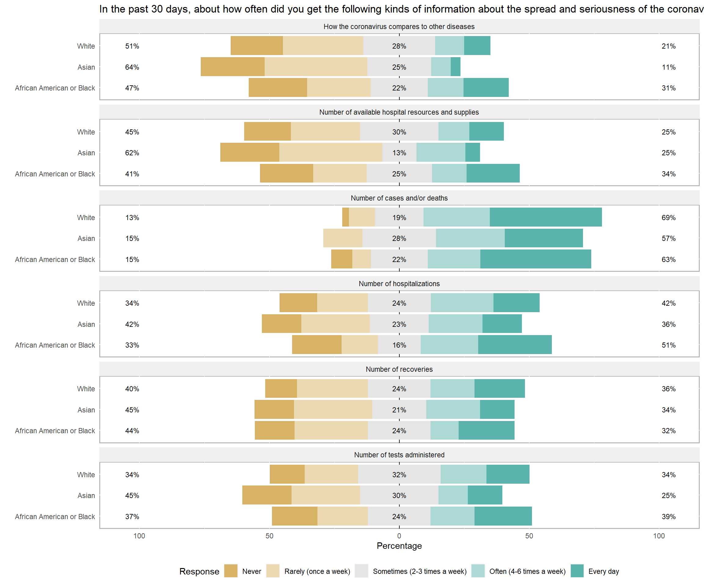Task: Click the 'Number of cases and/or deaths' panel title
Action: tap(399, 198)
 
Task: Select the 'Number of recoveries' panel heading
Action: tap(399, 369)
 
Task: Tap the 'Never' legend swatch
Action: tap(231, 571)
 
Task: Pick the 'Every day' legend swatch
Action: tap(577, 571)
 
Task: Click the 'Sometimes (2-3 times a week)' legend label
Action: tap(420, 571)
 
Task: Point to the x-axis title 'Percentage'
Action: tap(399, 546)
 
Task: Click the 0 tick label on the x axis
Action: tap(399, 536)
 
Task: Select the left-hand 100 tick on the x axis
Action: tap(139, 536)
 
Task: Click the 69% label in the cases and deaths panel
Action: tap(669, 218)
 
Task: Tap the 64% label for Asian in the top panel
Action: tap(132, 67)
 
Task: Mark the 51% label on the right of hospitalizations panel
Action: tap(669, 345)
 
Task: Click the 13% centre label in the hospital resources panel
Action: tap(399, 153)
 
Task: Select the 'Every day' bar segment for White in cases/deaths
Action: tap(545, 217)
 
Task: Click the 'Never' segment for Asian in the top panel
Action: tap(232, 67)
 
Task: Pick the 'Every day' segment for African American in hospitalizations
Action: tap(515, 345)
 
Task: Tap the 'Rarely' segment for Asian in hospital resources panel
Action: tap(331, 152)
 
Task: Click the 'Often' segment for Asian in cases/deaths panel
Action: tap(470, 238)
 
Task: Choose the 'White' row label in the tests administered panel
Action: tap(86, 474)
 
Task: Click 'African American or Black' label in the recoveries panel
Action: tap(55, 431)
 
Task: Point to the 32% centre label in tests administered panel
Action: tap(399, 474)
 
